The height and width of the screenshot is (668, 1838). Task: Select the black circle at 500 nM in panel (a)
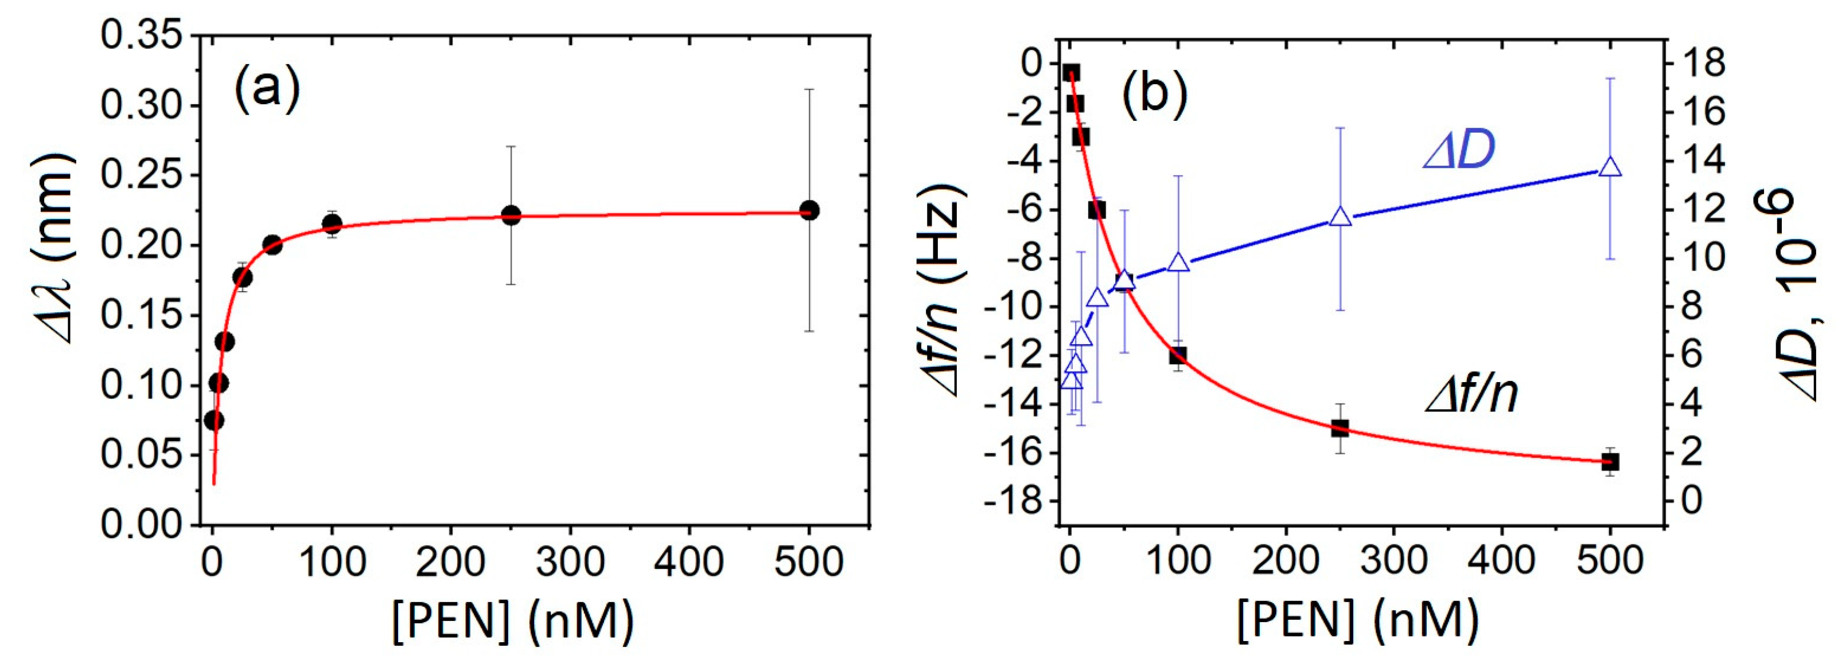808,210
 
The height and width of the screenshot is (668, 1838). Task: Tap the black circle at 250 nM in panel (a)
511,215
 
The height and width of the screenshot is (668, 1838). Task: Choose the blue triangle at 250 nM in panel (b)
1341,218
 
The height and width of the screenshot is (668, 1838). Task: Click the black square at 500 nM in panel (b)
1610,462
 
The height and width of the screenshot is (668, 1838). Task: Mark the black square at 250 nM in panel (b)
1340,429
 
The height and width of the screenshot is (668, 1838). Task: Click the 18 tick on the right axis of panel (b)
1701,64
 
